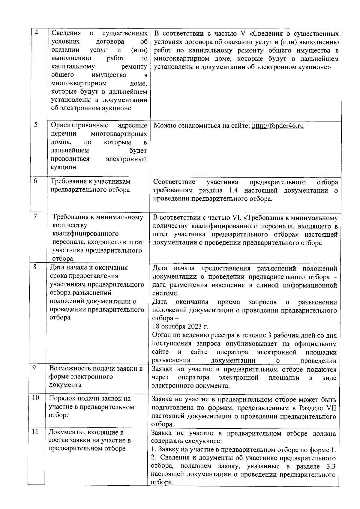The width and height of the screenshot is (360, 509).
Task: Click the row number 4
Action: pos(36,33)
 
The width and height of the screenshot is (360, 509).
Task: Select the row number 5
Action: pos(36,125)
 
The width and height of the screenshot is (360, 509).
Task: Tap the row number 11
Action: pos(35,432)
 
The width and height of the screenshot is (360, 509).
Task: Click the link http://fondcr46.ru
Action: pos(277,126)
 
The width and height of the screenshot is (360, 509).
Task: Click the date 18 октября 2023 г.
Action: pos(180,326)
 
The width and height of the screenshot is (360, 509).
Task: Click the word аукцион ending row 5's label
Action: pos(64,167)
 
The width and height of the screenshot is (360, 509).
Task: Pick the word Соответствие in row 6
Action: pos(174,182)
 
